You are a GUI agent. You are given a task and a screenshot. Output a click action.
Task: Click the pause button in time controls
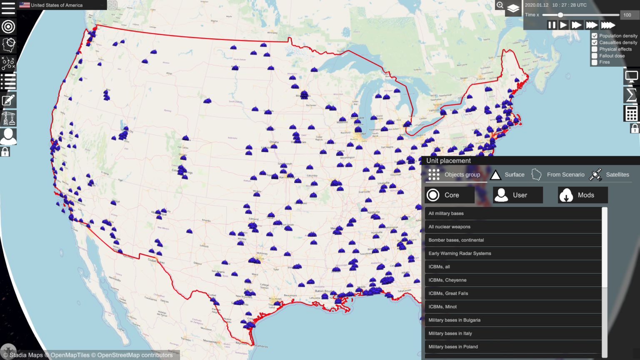pos(552,25)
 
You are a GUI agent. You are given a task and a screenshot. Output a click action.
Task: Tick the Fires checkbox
pos(595,62)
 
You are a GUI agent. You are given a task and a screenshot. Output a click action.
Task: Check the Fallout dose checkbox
pos(595,56)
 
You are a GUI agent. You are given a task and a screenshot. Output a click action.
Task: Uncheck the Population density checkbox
pos(595,36)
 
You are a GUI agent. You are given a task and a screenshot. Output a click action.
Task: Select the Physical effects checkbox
pos(595,49)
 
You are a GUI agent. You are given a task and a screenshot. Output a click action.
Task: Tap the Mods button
pos(582,195)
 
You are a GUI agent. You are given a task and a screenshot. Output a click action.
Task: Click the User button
pos(517,195)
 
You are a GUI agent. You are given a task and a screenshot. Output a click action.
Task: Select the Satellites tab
pos(610,175)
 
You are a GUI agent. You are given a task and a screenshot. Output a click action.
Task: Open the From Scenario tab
pos(558,175)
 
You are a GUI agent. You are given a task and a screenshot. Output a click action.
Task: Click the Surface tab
pos(507,175)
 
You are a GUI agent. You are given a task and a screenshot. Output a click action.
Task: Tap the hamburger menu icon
pos(8,8)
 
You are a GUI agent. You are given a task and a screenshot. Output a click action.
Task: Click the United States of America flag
pos(25,5)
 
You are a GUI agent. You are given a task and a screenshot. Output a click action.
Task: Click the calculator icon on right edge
pos(631,113)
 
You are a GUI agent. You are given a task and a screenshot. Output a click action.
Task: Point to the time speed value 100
pos(627,15)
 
